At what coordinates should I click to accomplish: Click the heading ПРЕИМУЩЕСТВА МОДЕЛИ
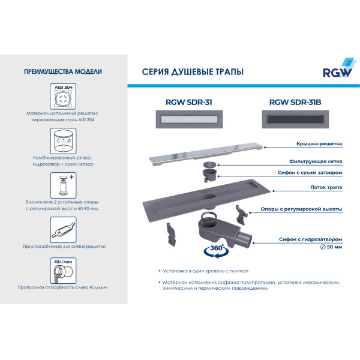click(x=62, y=71)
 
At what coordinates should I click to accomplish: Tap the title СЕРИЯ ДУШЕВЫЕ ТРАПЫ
click(x=192, y=72)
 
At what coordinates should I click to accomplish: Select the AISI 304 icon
click(x=62, y=95)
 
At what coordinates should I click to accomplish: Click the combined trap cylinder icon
click(x=62, y=139)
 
